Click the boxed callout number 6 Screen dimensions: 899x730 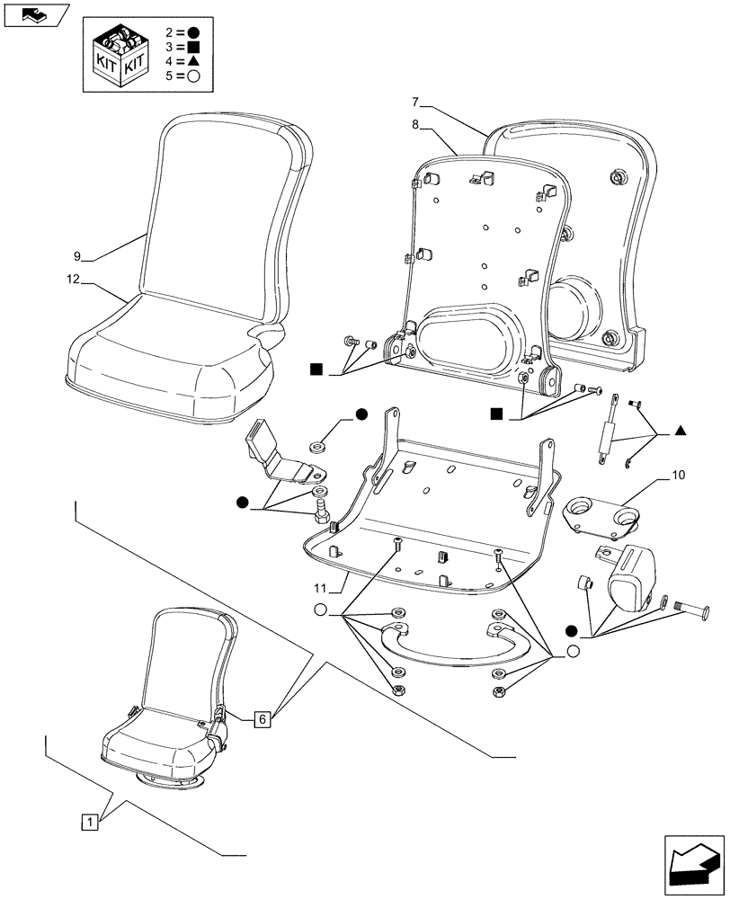(x=262, y=718)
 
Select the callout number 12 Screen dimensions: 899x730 (x=75, y=280)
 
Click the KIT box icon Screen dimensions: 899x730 (x=119, y=56)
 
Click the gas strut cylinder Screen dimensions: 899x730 (x=607, y=432)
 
